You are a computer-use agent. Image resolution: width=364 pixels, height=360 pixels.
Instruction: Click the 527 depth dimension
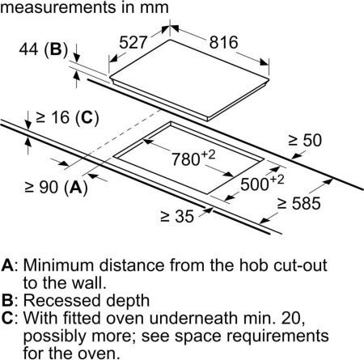pyautogui.click(x=133, y=42)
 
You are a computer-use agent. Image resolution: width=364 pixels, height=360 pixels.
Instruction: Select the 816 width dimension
pyautogui.click(x=224, y=43)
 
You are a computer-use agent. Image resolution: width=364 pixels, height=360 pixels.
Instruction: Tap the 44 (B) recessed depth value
pyautogui.click(x=44, y=49)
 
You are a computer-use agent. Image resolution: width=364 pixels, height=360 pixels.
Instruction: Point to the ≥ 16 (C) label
pyautogui.click(x=67, y=117)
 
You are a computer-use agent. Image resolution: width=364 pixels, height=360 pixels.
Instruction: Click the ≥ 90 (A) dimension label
pyautogui.click(x=56, y=187)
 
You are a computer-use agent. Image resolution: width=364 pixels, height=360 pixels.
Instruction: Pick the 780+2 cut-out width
pyautogui.click(x=193, y=158)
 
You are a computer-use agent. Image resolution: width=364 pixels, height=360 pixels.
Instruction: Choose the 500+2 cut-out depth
pyautogui.click(x=262, y=183)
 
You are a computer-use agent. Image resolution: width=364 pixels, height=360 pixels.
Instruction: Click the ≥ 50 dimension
pyautogui.click(x=305, y=140)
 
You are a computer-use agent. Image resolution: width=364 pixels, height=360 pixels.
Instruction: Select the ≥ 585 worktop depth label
pyautogui.click(x=299, y=203)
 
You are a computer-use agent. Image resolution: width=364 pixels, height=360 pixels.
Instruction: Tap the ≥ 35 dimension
pyautogui.click(x=177, y=216)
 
